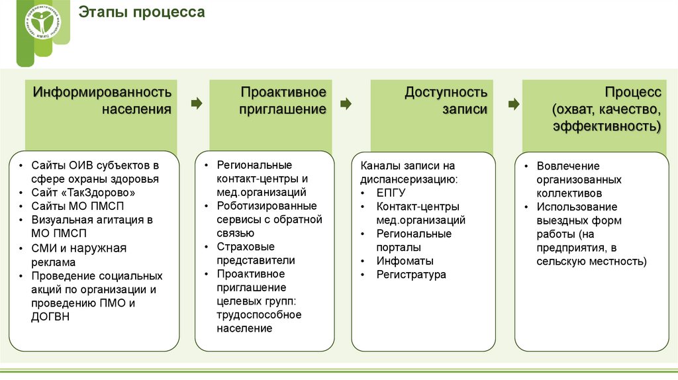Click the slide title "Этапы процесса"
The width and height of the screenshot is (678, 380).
pyautogui.click(x=142, y=13)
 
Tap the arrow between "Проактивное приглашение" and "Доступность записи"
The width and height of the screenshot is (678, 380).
pyautogui.click(x=346, y=103)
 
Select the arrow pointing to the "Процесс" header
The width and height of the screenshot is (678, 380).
pyautogui.click(x=514, y=103)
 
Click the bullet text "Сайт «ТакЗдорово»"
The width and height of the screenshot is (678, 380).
pyautogui.click(x=83, y=193)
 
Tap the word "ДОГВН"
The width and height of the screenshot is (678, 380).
pyautogui.click(x=50, y=316)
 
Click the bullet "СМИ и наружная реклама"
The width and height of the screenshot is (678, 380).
pyautogui.click(x=78, y=255)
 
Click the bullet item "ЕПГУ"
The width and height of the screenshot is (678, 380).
pyautogui.click(x=391, y=193)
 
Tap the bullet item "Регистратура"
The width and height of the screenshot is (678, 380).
pyautogui.click(x=411, y=274)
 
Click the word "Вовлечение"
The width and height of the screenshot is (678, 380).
pyautogui.click(x=568, y=166)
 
